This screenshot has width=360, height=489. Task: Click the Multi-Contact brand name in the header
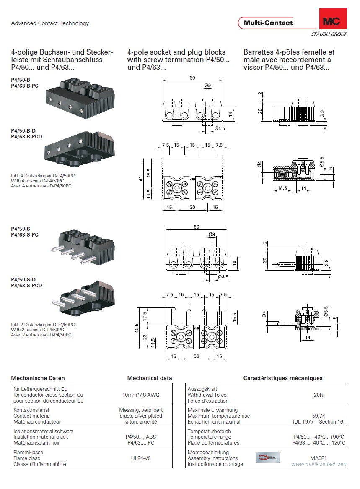tap(268, 23)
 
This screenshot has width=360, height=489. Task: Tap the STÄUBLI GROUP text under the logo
tap(329, 34)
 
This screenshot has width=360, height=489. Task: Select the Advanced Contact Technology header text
tap(50, 23)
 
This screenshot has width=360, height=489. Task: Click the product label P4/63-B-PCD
tap(26, 136)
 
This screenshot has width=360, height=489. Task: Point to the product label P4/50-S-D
tap(23, 280)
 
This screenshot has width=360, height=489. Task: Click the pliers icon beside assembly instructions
tap(267, 458)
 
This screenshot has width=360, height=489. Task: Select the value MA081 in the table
tap(319, 458)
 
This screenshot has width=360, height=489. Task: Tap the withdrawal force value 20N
tap(319, 395)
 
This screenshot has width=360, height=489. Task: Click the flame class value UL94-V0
tap(140, 458)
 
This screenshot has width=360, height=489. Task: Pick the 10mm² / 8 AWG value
tap(140, 395)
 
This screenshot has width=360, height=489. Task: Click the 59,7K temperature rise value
tap(319, 416)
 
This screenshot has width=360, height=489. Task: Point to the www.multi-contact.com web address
tap(319, 464)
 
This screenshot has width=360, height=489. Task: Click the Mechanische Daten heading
tap(38, 378)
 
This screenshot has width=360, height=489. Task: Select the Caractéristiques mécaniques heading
tap(283, 378)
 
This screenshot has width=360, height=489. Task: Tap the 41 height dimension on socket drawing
tap(142, 178)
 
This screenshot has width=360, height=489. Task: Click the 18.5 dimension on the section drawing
tap(282, 189)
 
